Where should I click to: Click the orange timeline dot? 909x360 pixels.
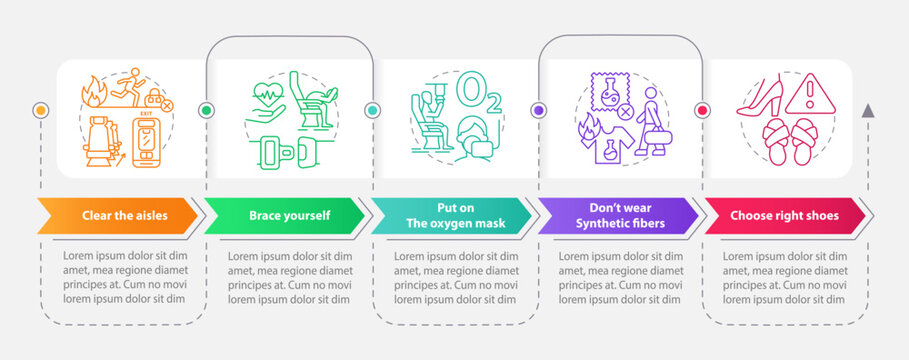(x=41, y=110)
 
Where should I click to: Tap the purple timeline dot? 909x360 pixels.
(x=539, y=110)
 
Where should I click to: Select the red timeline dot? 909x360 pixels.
(x=703, y=110)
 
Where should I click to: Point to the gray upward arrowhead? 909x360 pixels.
(x=868, y=111)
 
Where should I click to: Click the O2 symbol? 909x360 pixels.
(x=478, y=93)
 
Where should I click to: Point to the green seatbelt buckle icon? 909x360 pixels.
(x=289, y=152)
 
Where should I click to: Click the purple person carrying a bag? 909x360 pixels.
(x=652, y=122)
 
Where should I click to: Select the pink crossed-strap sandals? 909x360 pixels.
(x=790, y=142)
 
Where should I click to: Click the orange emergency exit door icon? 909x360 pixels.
(x=146, y=141)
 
